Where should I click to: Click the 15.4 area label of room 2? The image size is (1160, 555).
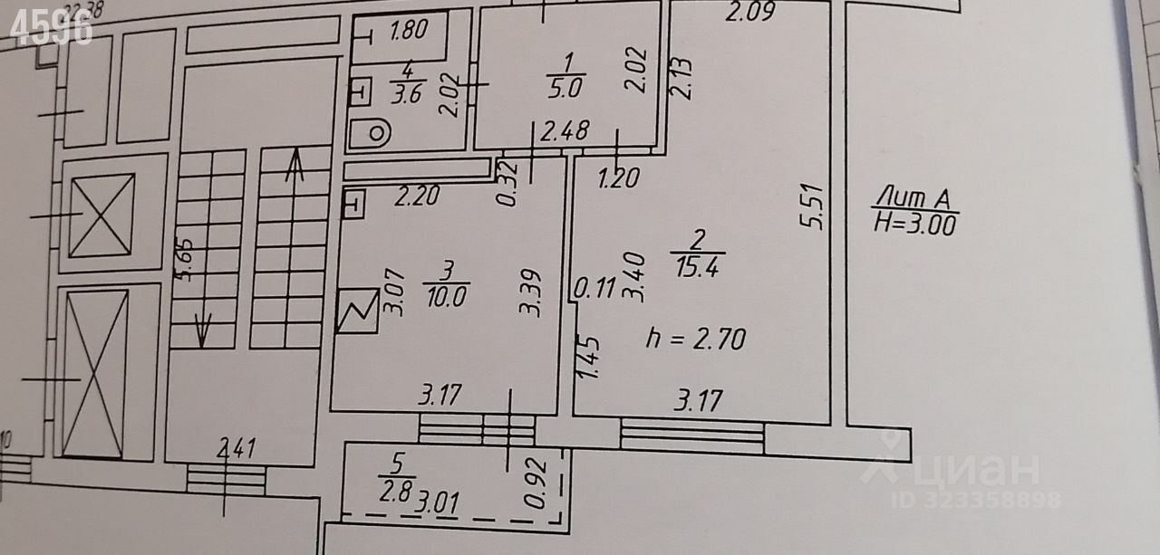pos(697,268)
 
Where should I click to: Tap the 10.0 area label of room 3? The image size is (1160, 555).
pos(445,297)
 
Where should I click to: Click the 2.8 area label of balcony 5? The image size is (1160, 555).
pos(396,494)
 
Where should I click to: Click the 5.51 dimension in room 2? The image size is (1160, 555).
pos(813,207)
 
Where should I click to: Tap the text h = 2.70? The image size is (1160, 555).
pos(694,340)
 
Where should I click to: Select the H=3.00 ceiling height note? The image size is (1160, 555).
pos(914,223)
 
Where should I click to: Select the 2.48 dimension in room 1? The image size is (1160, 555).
pos(565,132)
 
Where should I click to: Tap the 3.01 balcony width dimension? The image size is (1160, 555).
pos(436,503)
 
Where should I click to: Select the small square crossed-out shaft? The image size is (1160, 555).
pos(101,215)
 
